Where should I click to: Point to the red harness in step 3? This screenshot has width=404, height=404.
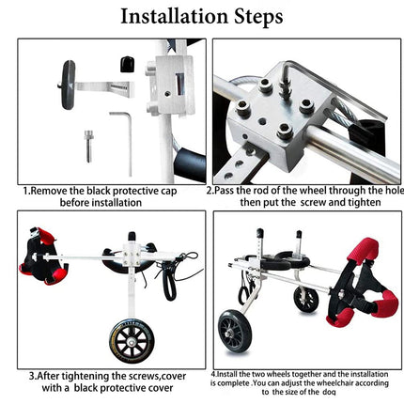pyautogui.click(x=39, y=254)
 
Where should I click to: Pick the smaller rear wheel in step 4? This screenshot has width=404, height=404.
pyautogui.click(x=304, y=299)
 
